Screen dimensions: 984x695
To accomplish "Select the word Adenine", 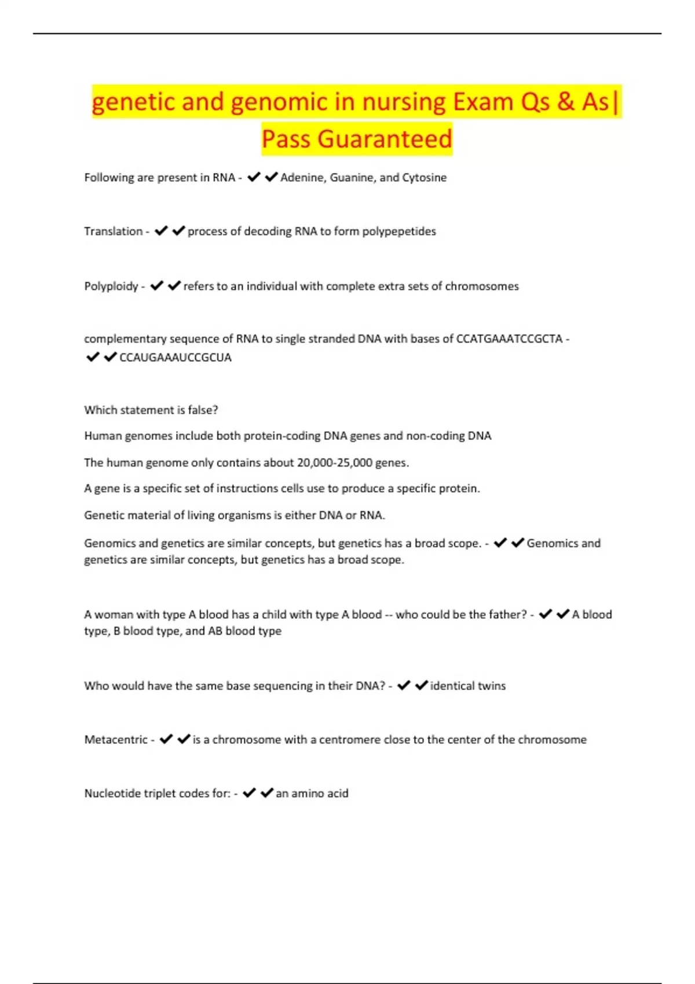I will pos(303,178).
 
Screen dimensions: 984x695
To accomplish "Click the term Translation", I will pos(113,232).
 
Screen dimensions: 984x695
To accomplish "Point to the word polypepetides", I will pos(399,232).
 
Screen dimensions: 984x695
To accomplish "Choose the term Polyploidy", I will pos(111,287).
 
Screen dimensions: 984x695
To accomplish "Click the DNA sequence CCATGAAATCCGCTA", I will pos(509,339).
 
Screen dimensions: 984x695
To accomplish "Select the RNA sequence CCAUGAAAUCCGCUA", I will pos(175,358).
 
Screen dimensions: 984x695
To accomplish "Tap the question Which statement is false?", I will pos(151,410).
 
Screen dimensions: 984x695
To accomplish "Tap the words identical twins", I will pos(467,686).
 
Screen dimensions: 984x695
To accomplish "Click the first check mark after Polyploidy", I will pos(156,286).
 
